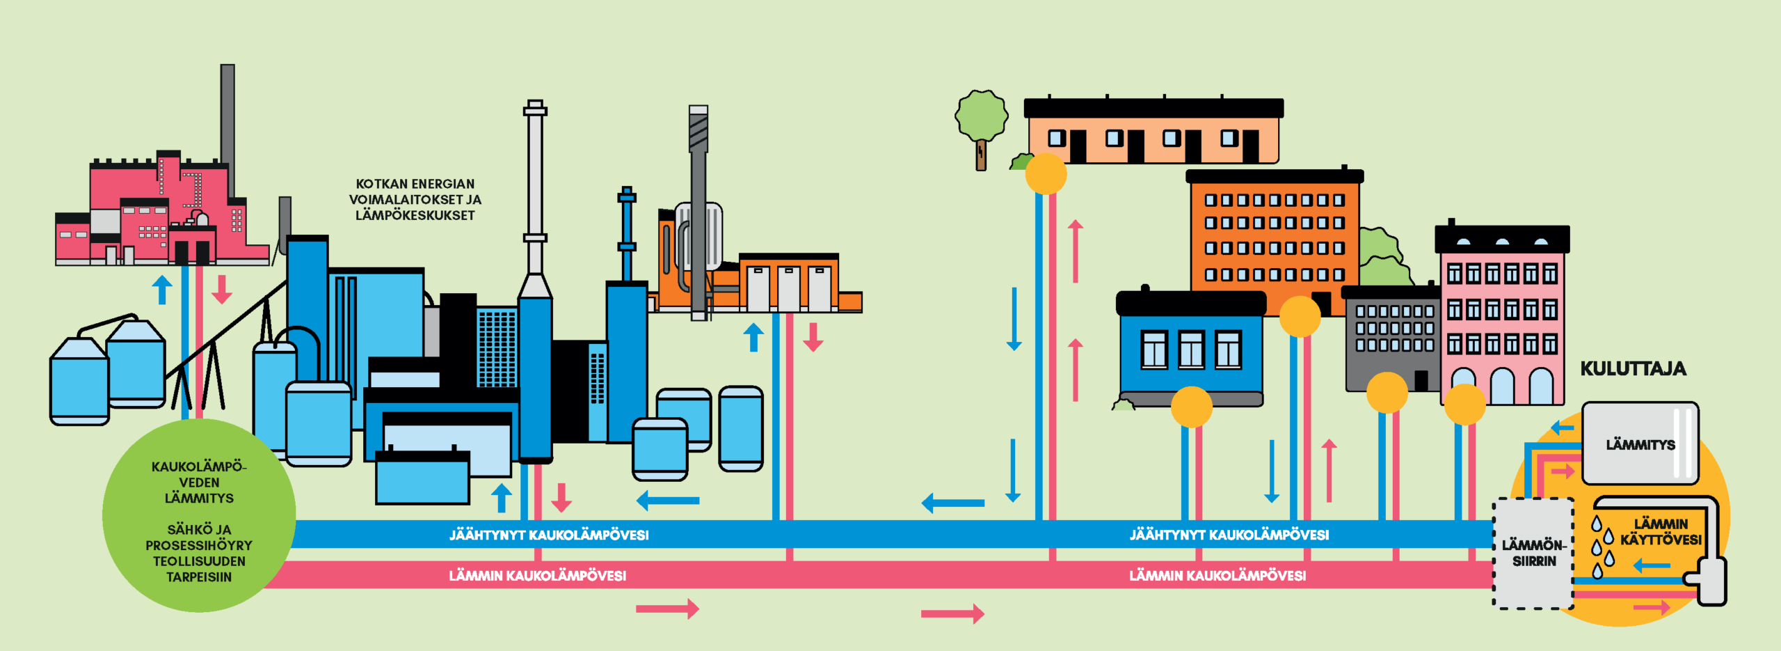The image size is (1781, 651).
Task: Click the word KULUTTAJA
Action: pyautogui.click(x=1632, y=369)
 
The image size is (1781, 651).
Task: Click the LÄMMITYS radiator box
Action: pyautogui.click(x=1640, y=444)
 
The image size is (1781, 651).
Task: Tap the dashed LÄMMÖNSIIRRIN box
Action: pyautogui.click(x=1533, y=553)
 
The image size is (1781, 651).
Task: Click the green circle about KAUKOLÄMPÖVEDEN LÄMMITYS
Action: pyautogui.click(x=199, y=516)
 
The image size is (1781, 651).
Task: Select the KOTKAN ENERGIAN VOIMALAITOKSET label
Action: pyautogui.click(x=415, y=199)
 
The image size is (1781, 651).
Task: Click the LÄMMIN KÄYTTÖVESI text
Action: pyautogui.click(x=1660, y=532)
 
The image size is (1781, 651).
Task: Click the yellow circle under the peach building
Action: pyautogui.click(x=1046, y=174)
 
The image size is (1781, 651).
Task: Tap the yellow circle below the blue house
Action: pyautogui.click(x=1191, y=407)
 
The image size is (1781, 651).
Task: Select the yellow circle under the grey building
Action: pyautogui.click(x=1387, y=393)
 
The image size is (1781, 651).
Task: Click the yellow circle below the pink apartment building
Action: pyautogui.click(x=1464, y=405)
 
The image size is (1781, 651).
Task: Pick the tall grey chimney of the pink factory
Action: pyautogui.click(x=227, y=118)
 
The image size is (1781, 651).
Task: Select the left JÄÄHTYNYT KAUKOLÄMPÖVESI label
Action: pyautogui.click(x=548, y=535)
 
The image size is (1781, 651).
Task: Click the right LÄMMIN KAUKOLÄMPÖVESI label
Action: pyautogui.click(x=1217, y=576)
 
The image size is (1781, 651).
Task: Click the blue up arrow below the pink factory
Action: pyautogui.click(x=162, y=290)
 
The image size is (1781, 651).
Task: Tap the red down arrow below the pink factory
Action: pyautogui.click(x=221, y=290)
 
